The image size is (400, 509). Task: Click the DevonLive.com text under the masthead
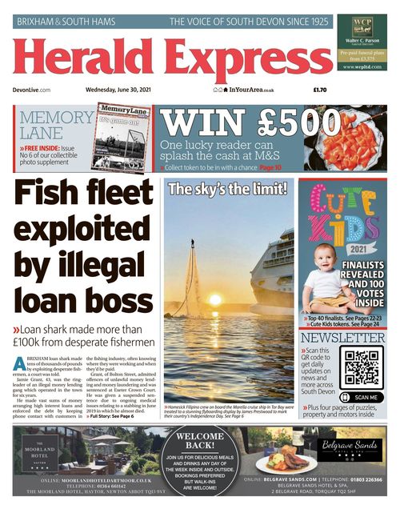32,90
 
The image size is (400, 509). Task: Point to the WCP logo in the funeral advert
362,24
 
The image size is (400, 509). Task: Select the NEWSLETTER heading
342,339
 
